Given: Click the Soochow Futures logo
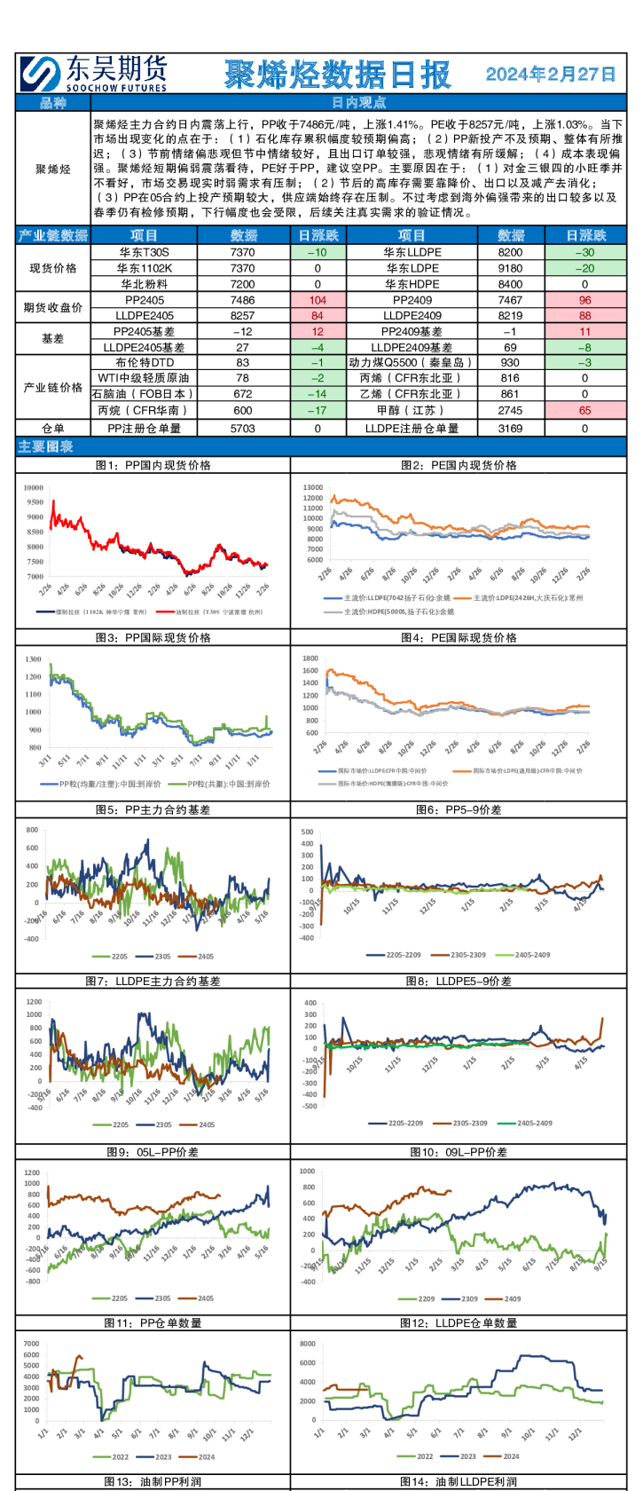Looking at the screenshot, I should tap(93, 74).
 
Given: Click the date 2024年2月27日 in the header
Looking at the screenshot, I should tap(551, 74).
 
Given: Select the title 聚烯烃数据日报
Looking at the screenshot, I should tap(337, 75).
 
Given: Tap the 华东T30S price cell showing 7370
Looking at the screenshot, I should tap(242, 252).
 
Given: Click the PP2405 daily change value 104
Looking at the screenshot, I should tap(318, 300).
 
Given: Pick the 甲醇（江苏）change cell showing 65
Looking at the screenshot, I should tap(584, 410).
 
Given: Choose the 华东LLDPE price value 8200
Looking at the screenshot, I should tap(510, 252).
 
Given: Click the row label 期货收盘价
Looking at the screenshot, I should tap(52, 307).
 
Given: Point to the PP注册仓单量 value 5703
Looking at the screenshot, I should tap(242, 428).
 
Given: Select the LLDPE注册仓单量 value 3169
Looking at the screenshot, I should tap(510, 428).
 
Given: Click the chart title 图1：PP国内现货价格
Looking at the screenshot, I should tap(153, 465).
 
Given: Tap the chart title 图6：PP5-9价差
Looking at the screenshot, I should tap(459, 809).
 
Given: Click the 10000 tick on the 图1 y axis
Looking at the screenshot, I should tap(34, 487).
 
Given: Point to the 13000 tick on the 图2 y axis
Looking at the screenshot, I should tap(312, 487).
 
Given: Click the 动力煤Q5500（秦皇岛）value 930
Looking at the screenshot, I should tap(510, 362).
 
